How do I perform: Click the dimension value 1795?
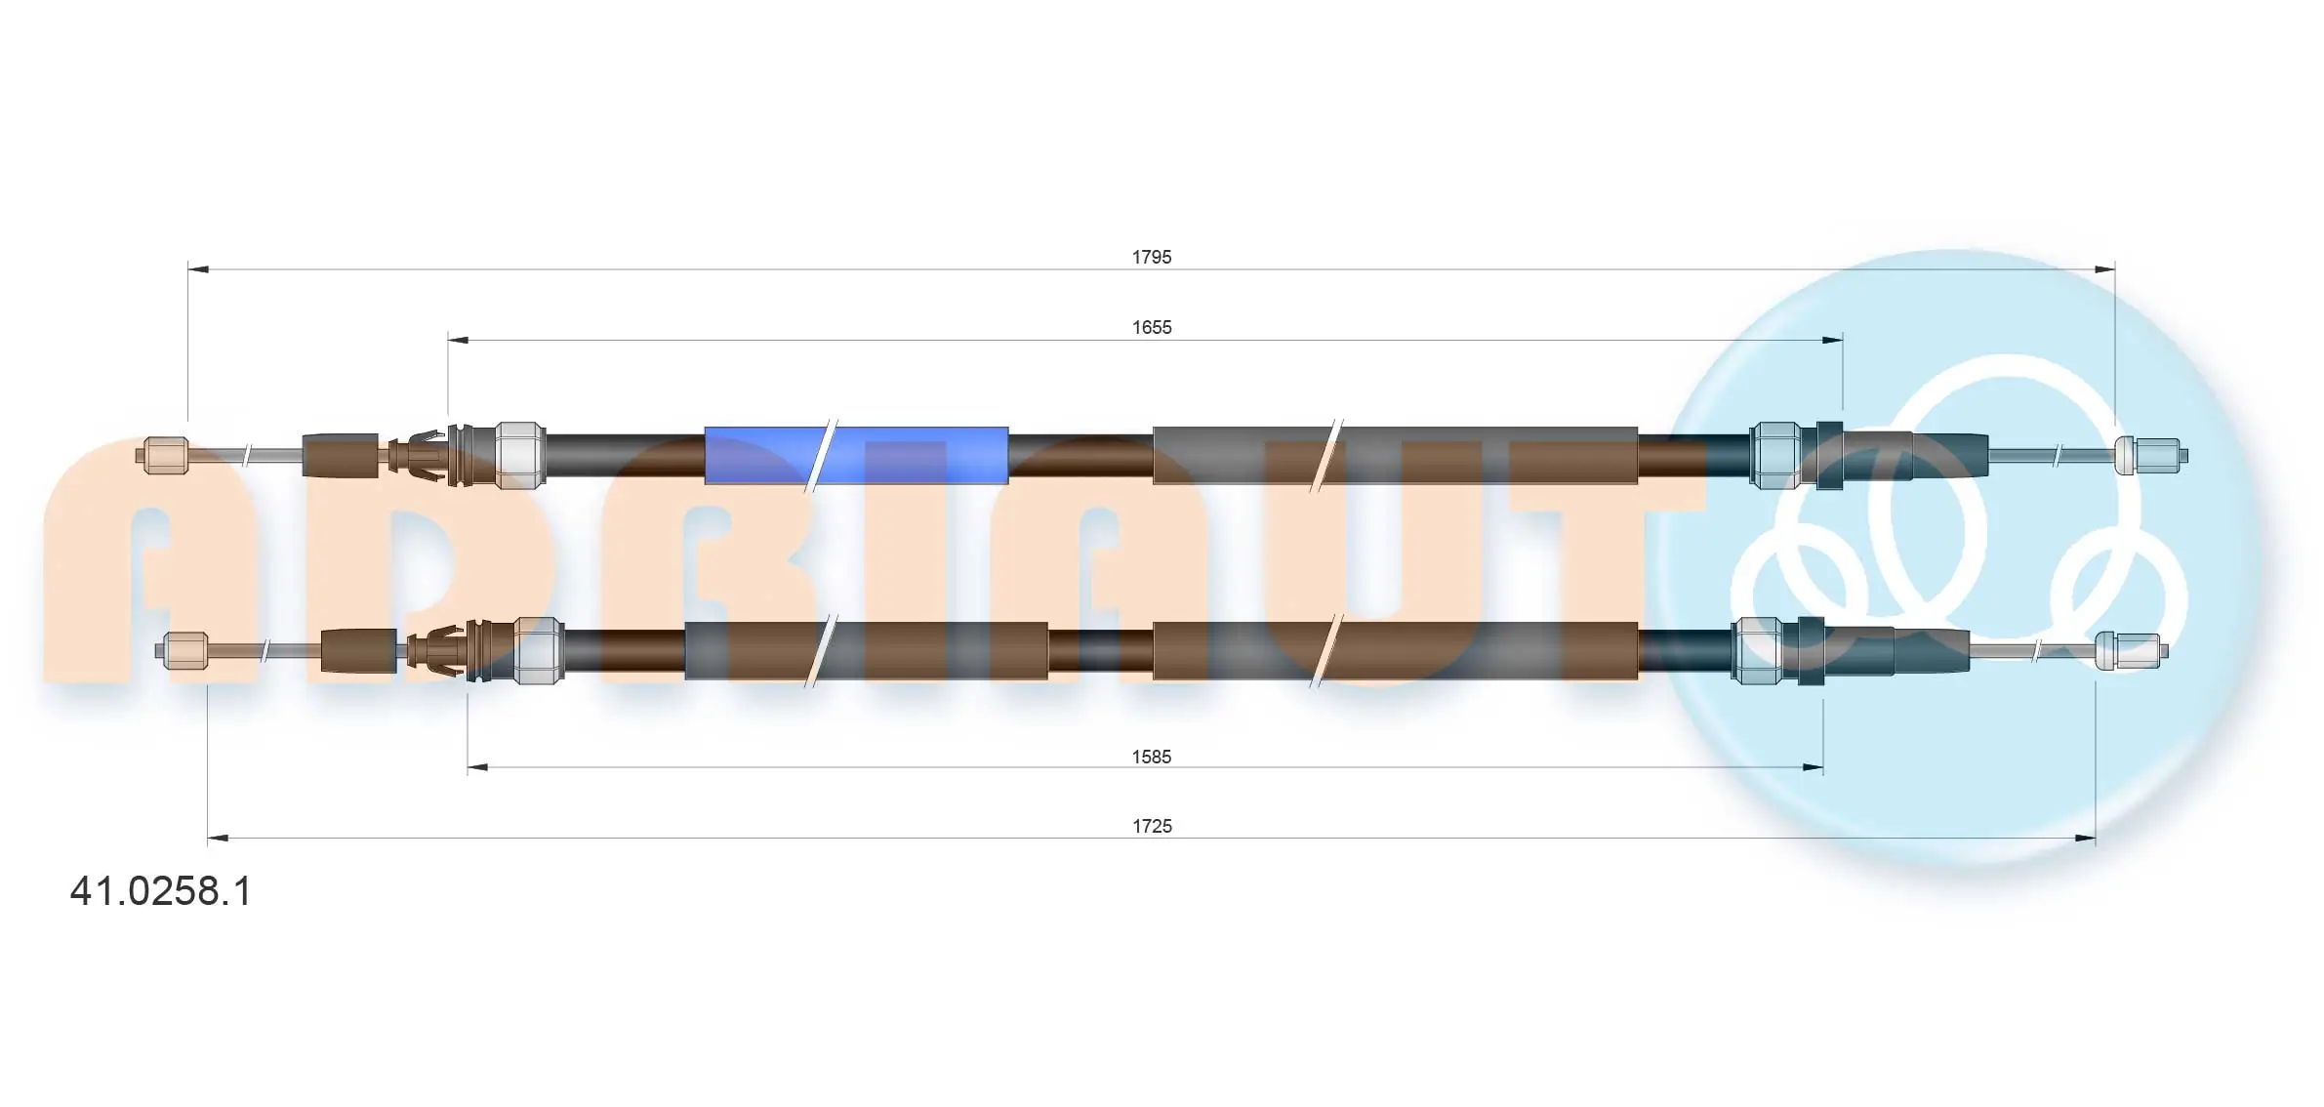pyautogui.click(x=1151, y=257)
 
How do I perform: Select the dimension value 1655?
pyautogui.click(x=1151, y=327)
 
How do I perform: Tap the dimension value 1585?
pyautogui.click(x=1151, y=757)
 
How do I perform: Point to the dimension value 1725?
pyautogui.click(x=1151, y=826)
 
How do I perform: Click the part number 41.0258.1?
pyautogui.click(x=161, y=890)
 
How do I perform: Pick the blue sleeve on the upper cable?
pyautogui.click(x=856, y=455)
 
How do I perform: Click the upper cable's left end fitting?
pyautogui.click(x=163, y=456)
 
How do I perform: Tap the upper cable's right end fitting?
pyautogui.click(x=2150, y=456)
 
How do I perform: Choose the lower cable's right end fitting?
pyautogui.click(x=2131, y=651)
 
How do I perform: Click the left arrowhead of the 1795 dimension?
pyautogui.click(x=198, y=268)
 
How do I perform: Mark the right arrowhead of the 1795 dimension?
pyautogui.click(x=2104, y=268)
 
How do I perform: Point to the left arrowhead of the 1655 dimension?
pyautogui.click(x=458, y=340)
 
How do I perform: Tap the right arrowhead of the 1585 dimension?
pyautogui.click(x=1813, y=768)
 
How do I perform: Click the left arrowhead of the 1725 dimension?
pyautogui.click(x=218, y=838)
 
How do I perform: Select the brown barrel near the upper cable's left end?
pyautogui.click(x=341, y=455)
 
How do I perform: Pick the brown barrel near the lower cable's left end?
pyautogui.click(x=358, y=651)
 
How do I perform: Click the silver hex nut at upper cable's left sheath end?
pyautogui.click(x=520, y=455)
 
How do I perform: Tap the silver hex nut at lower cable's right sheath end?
pyautogui.click(x=1756, y=650)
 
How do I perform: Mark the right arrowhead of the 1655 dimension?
pyautogui.click(x=1832, y=340)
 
